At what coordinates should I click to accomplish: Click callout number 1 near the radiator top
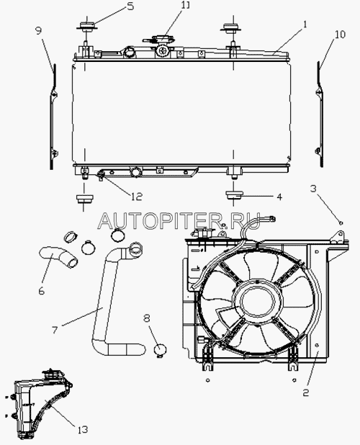tap(305, 24)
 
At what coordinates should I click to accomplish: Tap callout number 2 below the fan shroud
tap(305, 392)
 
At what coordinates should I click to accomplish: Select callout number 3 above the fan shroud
tap(313, 189)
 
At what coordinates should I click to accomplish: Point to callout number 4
tap(279, 197)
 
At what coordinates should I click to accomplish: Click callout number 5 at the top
tap(130, 6)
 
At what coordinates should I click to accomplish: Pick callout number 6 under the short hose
tap(42, 291)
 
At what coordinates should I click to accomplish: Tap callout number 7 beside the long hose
tap(55, 330)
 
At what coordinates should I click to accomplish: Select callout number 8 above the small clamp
tap(146, 318)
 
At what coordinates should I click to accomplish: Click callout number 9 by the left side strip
tap(39, 30)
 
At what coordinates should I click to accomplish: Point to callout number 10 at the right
tap(340, 35)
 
